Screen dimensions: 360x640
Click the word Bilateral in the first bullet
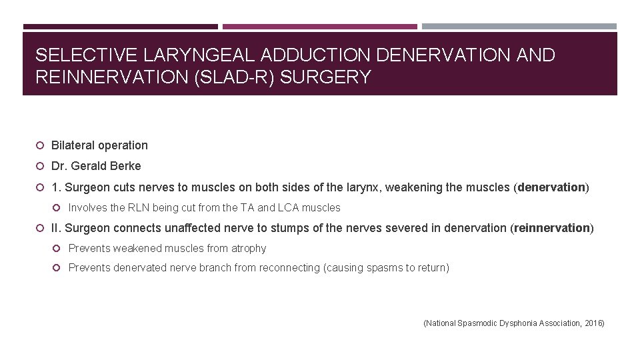(x=73, y=145)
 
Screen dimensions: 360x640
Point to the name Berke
(x=126, y=166)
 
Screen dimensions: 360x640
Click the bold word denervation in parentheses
(x=551, y=187)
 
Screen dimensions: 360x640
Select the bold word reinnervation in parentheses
(x=552, y=228)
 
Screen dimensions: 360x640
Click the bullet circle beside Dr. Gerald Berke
(x=41, y=166)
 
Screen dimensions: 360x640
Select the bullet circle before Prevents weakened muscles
(x=57, y=249)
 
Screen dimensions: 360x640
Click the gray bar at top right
(x=519, y=27)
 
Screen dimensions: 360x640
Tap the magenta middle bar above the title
(x=320, y=27)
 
